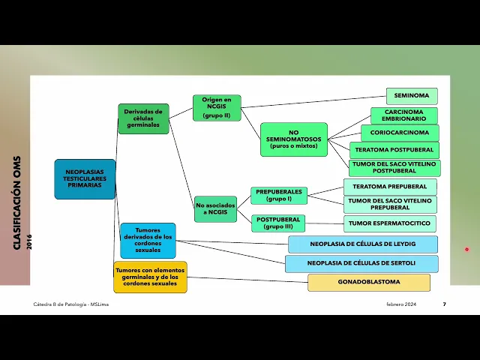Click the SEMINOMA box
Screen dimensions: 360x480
pos(412,96)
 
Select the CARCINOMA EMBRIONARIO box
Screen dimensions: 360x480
pos(403,115)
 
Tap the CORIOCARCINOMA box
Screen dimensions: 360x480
pos(399,133)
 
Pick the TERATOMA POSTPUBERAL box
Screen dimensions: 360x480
pos(394,150)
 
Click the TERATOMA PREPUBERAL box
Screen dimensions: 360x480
pos(389,187)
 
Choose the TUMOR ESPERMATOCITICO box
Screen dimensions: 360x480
pos(389,223)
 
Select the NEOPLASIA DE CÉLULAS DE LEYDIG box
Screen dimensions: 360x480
pos(362,244)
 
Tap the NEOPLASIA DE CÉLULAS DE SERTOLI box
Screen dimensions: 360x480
pos(361,263)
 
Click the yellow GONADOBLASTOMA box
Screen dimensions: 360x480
pos(368,282)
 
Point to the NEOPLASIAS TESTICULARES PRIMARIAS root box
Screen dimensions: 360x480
pos(85,179)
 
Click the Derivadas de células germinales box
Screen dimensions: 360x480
pos(143,118)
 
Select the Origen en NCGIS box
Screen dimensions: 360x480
pos(217,108)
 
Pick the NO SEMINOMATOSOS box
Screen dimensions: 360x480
pos(293,139)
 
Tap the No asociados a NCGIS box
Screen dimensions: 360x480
pos(215,208)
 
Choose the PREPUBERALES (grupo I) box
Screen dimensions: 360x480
pos(278,196)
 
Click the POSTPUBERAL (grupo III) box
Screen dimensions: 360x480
pos(277,223)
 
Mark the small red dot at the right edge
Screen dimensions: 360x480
pos(466,250)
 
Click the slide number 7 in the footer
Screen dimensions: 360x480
pos(444,304)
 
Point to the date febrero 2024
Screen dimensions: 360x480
pos(401,304)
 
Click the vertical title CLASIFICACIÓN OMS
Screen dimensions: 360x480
pos(17,202)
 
